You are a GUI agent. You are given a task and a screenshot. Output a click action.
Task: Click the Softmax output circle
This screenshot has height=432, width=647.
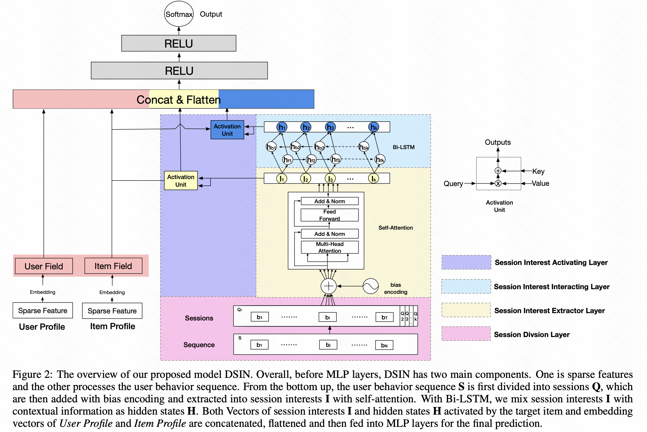[x=179, y=14]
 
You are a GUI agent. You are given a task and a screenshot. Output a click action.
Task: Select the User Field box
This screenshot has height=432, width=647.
[x=44, y=266]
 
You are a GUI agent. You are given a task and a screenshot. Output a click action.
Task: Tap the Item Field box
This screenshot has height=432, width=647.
[x=113, y=266]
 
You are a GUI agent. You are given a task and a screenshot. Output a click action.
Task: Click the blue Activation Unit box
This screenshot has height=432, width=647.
[x=227, y=130]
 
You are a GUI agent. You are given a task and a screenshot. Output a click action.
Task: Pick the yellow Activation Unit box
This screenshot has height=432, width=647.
[x=181, y=180]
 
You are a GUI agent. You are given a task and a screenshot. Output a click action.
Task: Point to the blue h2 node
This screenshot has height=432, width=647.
[x=306, y=127]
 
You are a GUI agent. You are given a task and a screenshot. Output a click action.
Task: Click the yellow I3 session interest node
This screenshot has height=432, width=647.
[x=330, y=178]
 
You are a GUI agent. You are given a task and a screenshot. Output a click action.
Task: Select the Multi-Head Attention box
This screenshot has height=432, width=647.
[x=329, y=247]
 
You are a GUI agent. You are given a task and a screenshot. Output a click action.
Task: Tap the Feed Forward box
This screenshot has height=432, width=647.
[x=329, y=215]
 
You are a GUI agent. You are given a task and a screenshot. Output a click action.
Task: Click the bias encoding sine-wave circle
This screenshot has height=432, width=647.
[x=370, y=286]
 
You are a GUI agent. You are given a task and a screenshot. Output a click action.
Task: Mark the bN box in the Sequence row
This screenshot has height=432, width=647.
[x=384, y=345]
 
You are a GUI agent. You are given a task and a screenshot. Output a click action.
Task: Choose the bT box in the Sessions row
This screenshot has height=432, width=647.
[x=384, y=317]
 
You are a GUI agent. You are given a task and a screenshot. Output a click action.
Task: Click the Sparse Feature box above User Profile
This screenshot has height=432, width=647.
[x=43, y=310]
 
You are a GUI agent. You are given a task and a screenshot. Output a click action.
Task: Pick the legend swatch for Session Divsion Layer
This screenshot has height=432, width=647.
[x=466, y=334]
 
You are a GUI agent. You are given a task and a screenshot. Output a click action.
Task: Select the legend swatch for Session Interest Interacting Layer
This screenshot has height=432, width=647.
[x=466, y=286]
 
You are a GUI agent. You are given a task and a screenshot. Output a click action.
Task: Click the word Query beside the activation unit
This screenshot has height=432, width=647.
[x=453, y=183]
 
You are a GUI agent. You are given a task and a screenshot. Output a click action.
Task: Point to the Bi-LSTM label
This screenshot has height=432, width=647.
[x=403, y=147]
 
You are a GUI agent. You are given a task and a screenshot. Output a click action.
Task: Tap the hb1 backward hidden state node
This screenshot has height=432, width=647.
[x=271, y=147]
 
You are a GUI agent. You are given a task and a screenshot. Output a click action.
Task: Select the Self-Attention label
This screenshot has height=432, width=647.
[x=395, y=228]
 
